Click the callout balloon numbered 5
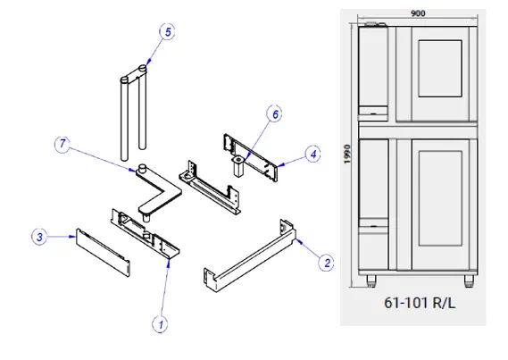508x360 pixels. point(168,32)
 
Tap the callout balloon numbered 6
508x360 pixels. point(275,114)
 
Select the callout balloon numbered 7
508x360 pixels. point(62,144)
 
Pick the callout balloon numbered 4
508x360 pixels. point(313,155)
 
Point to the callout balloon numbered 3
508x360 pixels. point(39,237)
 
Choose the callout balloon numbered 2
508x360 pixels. point(327,263)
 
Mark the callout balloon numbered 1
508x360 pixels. point(161,324)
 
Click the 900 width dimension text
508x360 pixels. point(418,13)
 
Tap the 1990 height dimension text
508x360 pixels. point(347,154)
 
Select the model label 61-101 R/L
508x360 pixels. point(420,303)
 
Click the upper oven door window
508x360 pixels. point(440,69)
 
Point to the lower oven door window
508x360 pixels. point(440,198)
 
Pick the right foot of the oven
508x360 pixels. point(469,280)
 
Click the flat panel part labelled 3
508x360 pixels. point(103,253)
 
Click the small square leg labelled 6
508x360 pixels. point(238,166)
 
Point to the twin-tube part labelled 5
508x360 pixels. point(134,113)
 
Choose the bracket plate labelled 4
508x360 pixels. point(251,158)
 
